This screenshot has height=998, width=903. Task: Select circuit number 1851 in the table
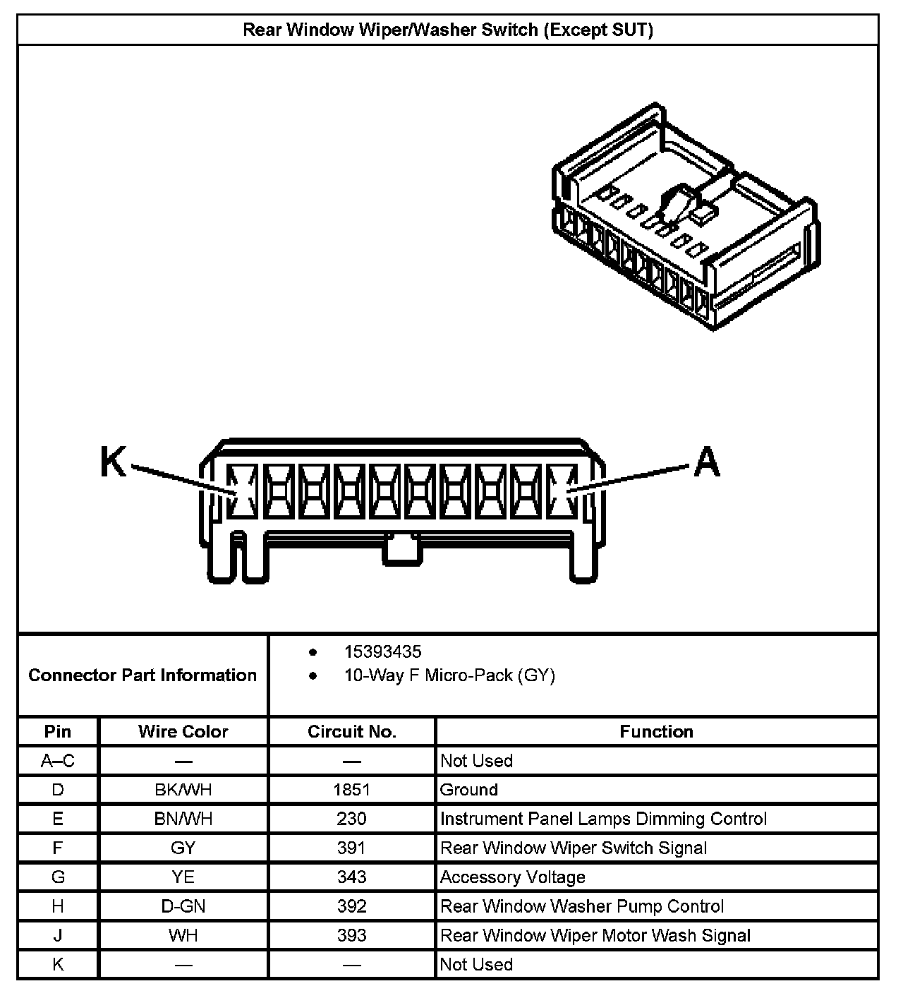coord(351,790)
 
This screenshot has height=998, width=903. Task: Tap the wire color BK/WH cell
coord(183,790)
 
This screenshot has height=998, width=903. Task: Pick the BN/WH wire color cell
coord(183,819)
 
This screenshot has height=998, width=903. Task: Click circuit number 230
coord(351,819)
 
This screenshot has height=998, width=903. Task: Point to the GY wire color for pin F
coord(183,848)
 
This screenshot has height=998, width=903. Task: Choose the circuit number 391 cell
coord(351,848)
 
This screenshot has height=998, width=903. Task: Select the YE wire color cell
coord(183,877)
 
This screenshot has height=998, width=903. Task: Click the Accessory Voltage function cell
coord(513,877)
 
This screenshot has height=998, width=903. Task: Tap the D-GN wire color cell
coord(183,906)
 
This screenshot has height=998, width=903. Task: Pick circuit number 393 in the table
coord(351,935)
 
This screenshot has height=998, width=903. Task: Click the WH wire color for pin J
coord(183,935)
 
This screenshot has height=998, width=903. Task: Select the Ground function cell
coord(469,790)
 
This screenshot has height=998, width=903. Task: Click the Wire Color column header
coord(183,731)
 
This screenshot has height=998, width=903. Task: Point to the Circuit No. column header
coord(351,731)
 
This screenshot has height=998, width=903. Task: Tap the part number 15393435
coord(382,651)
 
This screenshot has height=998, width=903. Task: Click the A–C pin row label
coord(58,761)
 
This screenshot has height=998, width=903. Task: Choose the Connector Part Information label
coord(143,675)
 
